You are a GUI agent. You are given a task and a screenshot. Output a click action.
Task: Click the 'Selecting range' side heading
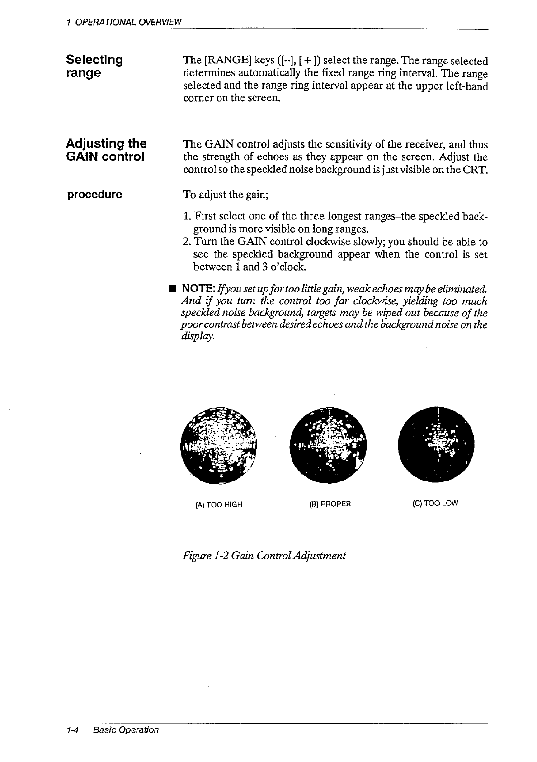(x=94, y=66)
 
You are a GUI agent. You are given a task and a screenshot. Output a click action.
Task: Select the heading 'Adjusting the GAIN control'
(x=106, y=150)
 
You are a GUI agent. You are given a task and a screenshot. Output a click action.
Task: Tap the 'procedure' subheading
(x=94, y=195)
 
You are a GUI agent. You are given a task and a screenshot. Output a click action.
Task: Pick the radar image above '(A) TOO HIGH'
(x=218, y=445)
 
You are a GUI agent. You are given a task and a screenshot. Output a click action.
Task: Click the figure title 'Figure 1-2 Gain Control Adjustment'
(x=263, y=555)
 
